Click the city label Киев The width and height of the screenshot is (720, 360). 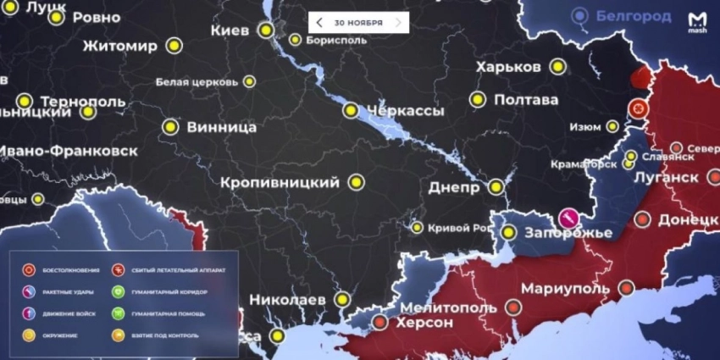[230, 30]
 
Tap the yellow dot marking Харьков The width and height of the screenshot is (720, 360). [557, 66]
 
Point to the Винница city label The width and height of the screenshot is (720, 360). [222, 128]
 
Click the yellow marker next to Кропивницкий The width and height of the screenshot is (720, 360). [357, 182]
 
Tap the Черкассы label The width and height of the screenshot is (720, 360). [405, 111]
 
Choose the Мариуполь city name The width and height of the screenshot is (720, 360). [565, 288]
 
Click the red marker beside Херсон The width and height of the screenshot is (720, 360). [380, 322]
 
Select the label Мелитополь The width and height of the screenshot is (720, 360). [448, 307]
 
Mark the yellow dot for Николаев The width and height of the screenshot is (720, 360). [341, 299]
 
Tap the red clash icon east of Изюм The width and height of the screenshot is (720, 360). [638, 108]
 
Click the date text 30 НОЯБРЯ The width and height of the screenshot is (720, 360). [358, 23]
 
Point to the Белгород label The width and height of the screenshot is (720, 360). [633, 15]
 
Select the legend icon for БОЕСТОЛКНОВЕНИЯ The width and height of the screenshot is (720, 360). [29, 270]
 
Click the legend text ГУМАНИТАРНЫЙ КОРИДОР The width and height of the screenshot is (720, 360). [169, 292]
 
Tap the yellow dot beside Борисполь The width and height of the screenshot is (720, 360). [295, 39]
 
